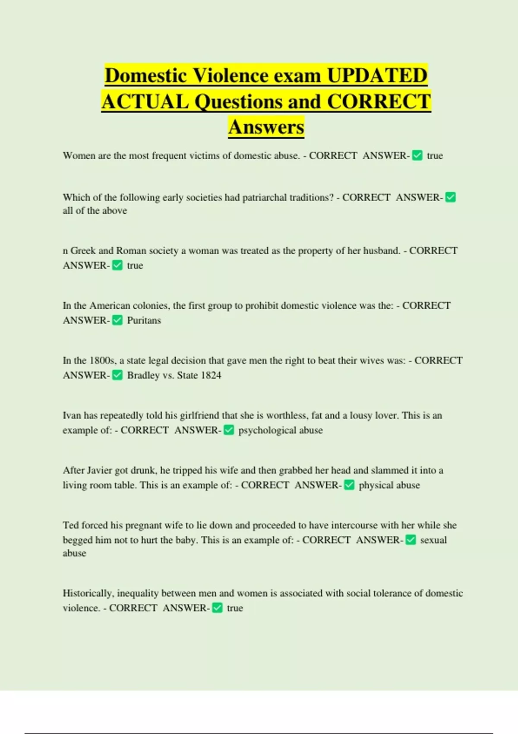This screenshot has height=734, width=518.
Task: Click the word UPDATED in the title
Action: [377, 76]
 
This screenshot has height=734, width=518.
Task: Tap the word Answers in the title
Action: [266, 127]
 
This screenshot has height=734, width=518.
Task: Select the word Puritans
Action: [144, 320]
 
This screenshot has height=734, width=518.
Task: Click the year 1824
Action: [211, 375]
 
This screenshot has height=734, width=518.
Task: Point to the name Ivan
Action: [72, 415]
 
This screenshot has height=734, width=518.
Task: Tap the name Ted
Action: [71, 525]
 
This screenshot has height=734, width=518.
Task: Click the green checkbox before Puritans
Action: [117, 320]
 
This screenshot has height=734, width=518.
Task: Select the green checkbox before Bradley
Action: [117, 375]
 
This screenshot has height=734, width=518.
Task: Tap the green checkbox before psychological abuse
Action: [229, 430]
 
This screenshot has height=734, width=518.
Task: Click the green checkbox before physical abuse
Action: [349, 485]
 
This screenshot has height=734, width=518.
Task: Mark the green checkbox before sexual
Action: [411, 540]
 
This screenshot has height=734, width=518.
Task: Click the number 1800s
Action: [102, 361]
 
